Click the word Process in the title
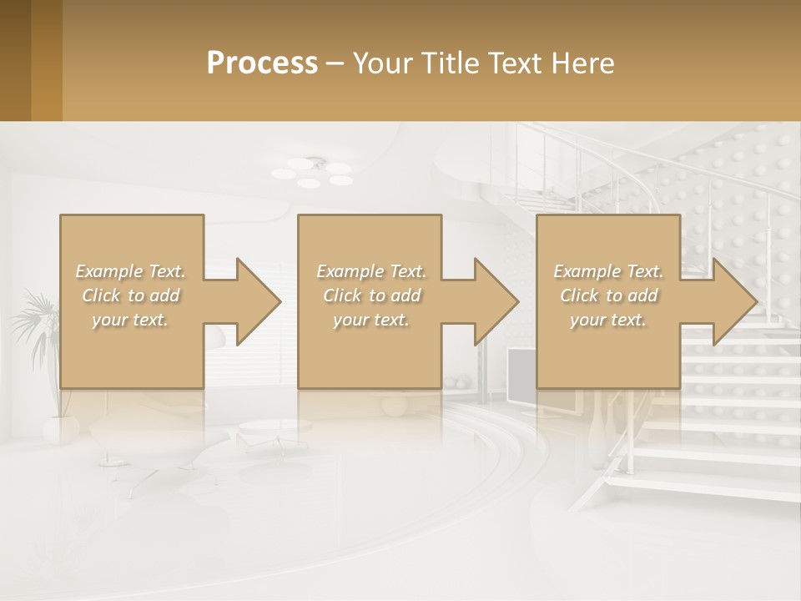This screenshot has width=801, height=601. click(262, 63)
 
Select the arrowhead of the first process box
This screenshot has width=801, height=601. click(258, 302)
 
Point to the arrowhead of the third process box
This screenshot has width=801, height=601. click(735, 302)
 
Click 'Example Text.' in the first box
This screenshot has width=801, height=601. click(131, 271)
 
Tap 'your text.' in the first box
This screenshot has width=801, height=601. click(131, 319)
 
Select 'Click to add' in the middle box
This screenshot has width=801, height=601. click(371, 295)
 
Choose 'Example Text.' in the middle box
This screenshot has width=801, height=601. click(371, 271)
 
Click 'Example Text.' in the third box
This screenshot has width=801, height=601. click(608, 271)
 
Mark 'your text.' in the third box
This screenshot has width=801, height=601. click(608, 319)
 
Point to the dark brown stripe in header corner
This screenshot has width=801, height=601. click(15, 60)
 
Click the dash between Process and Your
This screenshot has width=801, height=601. click(335, 63)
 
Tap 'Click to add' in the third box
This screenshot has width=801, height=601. click(608, 295)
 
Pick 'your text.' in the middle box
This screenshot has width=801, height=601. click(371, 319)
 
